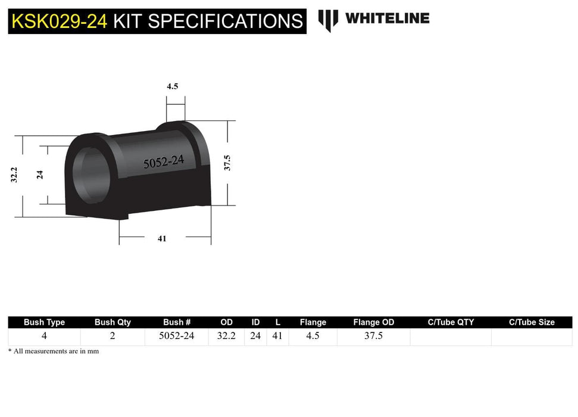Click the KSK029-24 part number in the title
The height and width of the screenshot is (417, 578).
(60, 21)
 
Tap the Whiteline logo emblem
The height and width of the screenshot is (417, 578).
(328, 20)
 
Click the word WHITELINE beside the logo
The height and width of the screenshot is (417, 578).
(387, 18)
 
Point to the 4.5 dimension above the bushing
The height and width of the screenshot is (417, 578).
(172, 86)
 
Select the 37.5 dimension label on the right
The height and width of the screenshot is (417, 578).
(227, 163)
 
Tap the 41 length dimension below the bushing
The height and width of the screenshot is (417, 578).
(162, 238)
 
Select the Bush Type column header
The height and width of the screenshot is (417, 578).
(44, 322)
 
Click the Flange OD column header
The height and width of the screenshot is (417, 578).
(373, 322)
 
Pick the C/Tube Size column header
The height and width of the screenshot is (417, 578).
(532, 322)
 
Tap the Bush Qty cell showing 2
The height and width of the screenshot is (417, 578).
(113, 336)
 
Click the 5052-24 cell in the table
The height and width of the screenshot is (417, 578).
(176, 336)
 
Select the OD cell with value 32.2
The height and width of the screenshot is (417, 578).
(226, 336)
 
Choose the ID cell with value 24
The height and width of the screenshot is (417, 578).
(255, 336)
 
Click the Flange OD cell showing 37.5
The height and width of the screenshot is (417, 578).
(373, 336)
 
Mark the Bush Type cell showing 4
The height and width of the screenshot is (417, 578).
(44, 336)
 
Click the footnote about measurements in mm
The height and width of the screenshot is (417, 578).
(54, 351)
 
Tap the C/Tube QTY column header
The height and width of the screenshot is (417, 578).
(451, 322)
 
